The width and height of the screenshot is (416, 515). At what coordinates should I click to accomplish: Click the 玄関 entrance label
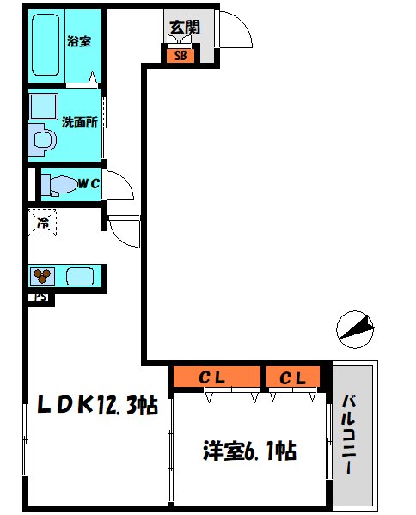coord(181,27)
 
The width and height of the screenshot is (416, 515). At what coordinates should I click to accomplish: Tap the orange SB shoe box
coord(180,57)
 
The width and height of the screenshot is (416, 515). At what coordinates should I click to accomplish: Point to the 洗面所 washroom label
coord(78,121)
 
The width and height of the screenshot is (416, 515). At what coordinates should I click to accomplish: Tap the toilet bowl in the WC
coord(58,184)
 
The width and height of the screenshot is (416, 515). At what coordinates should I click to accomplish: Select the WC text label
coord(89,183)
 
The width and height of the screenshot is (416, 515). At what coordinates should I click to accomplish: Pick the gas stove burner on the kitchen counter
coord(42,277)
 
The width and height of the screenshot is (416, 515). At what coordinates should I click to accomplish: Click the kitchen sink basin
coord(80,277)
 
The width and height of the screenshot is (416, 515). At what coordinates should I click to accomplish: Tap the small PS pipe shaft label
coord(40,299)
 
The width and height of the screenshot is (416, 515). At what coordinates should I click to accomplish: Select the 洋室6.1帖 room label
coord(249,450)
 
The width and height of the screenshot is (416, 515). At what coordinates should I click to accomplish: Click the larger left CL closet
coord(216,377)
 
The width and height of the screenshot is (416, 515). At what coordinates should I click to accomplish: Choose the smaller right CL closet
coord(293,377)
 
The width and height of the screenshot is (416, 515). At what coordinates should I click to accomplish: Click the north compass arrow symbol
coord(357,328)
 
